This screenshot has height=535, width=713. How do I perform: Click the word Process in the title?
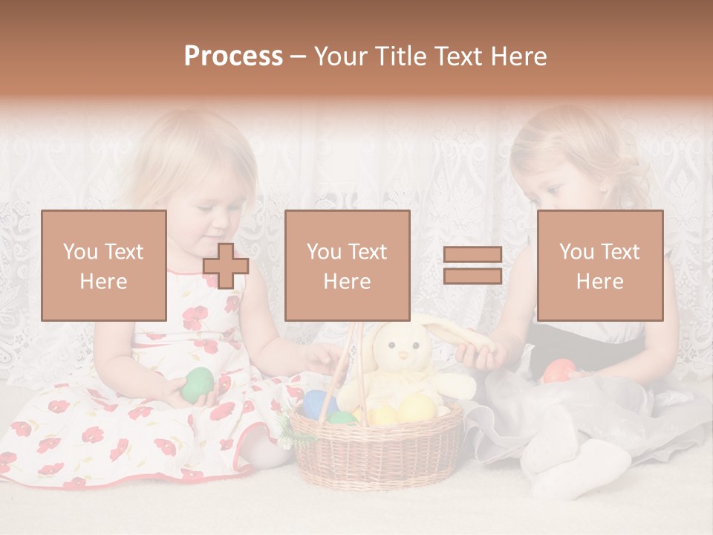click(233, 56)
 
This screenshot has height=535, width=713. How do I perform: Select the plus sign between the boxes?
click(226, 265)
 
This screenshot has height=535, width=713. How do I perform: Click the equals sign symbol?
click(472, 265)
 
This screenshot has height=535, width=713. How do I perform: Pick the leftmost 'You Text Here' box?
click(104, 265)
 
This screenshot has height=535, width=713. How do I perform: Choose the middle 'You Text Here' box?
click(347, 265)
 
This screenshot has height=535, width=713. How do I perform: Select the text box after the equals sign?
click(599, 265)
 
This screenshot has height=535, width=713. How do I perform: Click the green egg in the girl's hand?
click(198, 384)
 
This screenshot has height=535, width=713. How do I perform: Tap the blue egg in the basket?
click(319, 403)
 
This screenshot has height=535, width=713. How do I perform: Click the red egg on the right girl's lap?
click(559, 370)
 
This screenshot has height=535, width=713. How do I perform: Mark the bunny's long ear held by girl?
click(453, 332)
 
